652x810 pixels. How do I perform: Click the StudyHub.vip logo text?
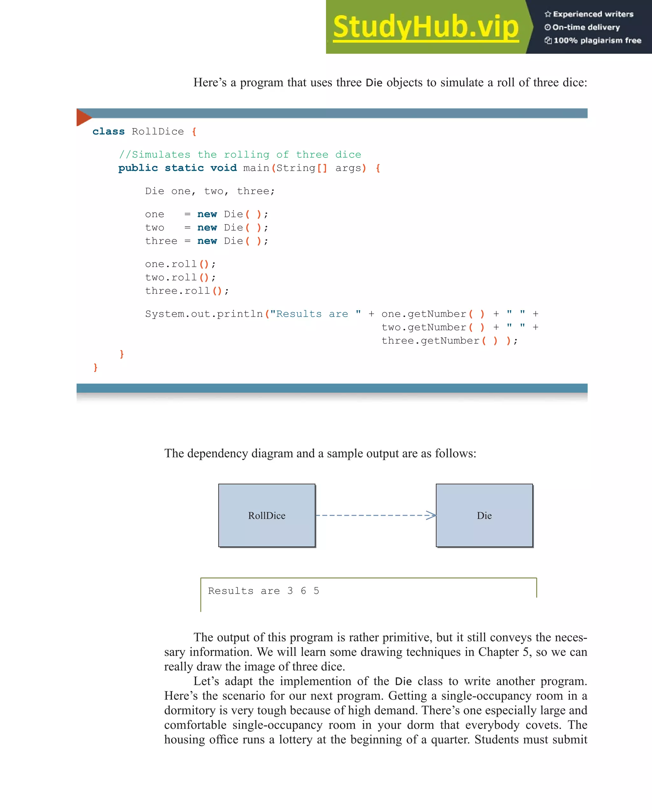pyautogui.click(x=425, y=27)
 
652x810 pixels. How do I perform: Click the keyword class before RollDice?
pyautogui.click(x=108, y=131)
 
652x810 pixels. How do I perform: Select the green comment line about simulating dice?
pyautogui.click(x=240, y=154)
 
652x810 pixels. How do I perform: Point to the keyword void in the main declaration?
pyautogui.click(x=223, y=168)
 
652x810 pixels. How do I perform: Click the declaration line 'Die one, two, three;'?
pyautogui.click(x=210, y=191)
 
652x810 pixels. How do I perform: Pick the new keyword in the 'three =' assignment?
pyautogui.click(x=207, y=241)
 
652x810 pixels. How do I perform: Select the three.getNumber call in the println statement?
pyautogui.click(x=430, y=341)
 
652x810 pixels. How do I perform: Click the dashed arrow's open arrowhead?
pyautogui.click(x=431, y=515)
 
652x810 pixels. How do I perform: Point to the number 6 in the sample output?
pyautogui.click(x=303, y=591)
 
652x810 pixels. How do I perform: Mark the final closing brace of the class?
pyautogui.click(x=96, y=367)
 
